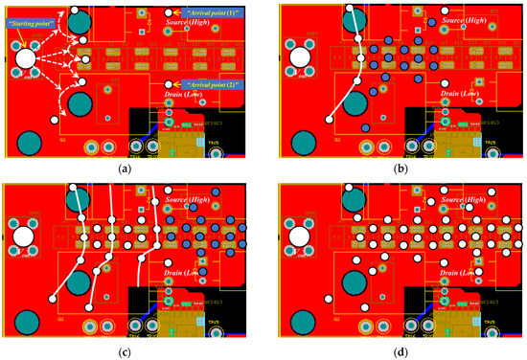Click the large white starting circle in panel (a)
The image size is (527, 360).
point(25,59)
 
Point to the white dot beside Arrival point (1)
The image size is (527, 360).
point(168,12)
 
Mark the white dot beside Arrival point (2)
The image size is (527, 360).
point(168,84)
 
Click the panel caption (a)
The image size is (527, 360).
point(124,168)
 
